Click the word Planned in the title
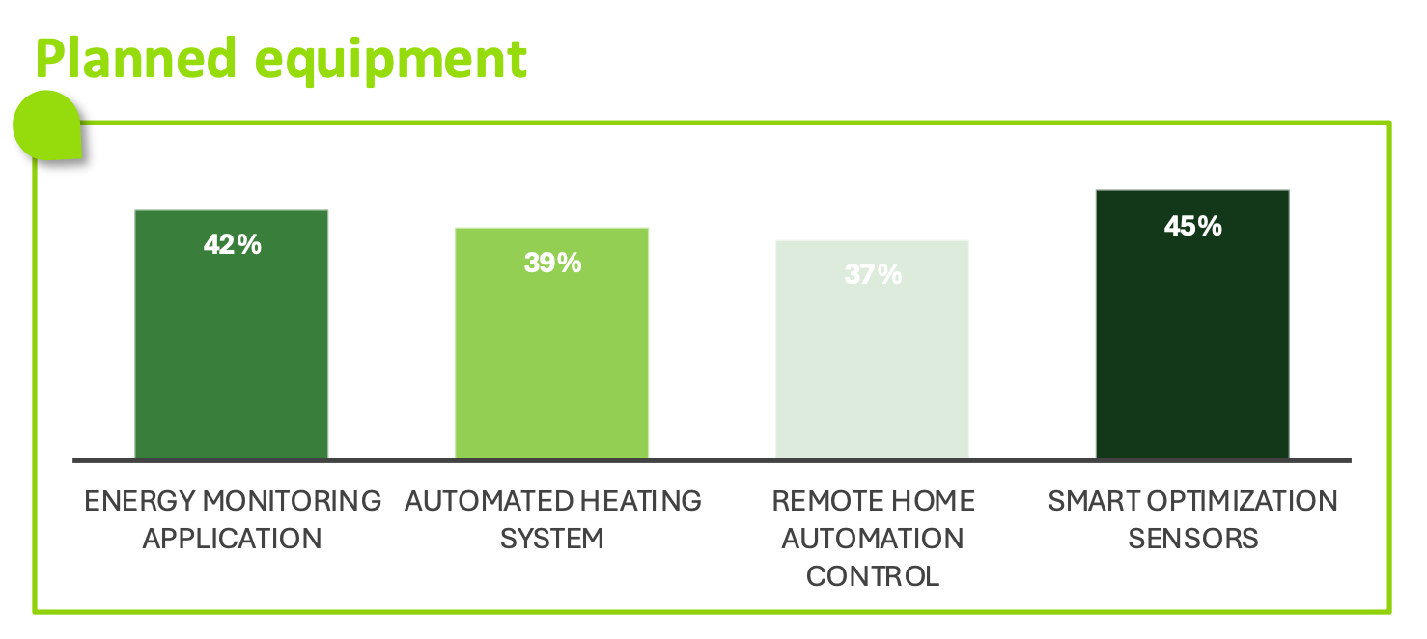coord(136,58)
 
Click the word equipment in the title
coord(390,63)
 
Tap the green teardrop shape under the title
coord(47,125)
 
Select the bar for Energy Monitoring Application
coord(232,335)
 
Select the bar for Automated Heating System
coord(551,344)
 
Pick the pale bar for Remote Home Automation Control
coord(872,349)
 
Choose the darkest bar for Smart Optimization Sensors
coord(1192,324)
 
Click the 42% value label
coord(232,244)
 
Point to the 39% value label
coord(552,263)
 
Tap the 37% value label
coord(873,274)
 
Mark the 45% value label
coord(1192,226)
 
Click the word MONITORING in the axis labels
coord(292,501)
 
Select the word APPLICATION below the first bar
coord(232,539)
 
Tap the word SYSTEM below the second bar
coord(551,539)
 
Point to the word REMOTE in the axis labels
coord(816,501)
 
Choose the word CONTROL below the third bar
coord(873,576)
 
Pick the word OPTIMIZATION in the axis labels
coord(1242,501)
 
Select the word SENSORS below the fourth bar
coord(1193,539)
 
